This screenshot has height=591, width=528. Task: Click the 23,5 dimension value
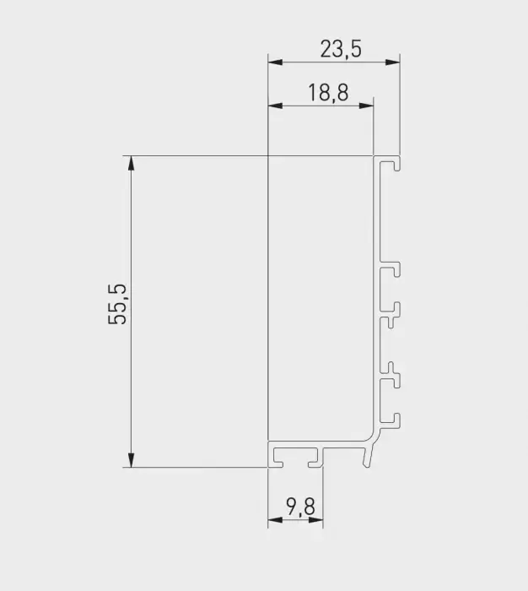[341, 49]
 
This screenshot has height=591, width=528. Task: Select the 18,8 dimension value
[327, 93]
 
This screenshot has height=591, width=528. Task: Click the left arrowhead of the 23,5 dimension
[272, 62]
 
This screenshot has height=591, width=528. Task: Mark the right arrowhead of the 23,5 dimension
[395, 62]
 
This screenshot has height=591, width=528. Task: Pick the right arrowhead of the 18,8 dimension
[369, 106]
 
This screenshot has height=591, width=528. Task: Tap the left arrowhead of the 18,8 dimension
[272, 106]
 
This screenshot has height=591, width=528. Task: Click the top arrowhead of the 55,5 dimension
[131, 160]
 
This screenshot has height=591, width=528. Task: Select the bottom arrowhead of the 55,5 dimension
[131, 462]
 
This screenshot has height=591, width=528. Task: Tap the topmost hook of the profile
[392, 163]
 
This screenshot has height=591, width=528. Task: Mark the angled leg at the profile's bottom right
[369, 456]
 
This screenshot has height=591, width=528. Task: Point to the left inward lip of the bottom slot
[279, 462]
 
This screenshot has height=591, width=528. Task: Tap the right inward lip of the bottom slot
[315, 462]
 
